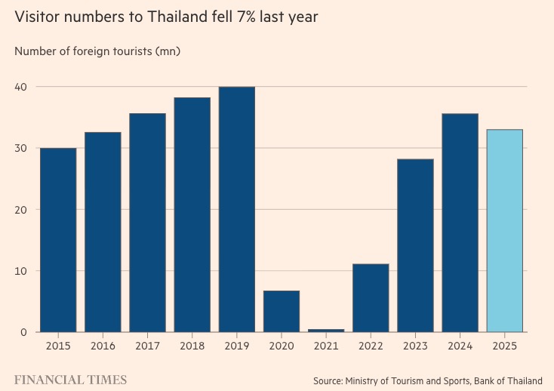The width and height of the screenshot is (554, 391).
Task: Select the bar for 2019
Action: (x=237, y=209)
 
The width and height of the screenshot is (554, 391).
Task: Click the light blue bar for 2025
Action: (x=504, y=231)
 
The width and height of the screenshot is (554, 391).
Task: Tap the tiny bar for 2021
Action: (x=326, y=331)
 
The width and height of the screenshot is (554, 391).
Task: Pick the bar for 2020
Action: (x=282, y=311)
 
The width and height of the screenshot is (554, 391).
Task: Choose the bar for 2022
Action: (x=371, y=297)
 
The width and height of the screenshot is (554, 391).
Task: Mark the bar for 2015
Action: (x=58, y=240)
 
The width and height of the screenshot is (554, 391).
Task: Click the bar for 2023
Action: (x=415, y=245)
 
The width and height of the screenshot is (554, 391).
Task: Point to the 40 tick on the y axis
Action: (x=20, y=87)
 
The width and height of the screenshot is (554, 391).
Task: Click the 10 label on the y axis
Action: (x=21, y=271)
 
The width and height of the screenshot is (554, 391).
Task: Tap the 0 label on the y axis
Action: (x=23, y=332)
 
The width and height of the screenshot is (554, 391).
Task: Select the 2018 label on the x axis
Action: (x=192, y=346)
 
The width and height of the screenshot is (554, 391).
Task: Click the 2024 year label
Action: (x=460, y=346)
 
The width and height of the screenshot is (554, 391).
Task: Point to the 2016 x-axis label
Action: (x=103, y=346)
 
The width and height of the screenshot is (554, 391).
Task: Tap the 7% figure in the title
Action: (x=246, y=17)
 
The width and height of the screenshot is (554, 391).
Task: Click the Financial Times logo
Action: (x=70, y=380)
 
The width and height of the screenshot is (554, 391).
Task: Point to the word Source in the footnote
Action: (x=328, y=380)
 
